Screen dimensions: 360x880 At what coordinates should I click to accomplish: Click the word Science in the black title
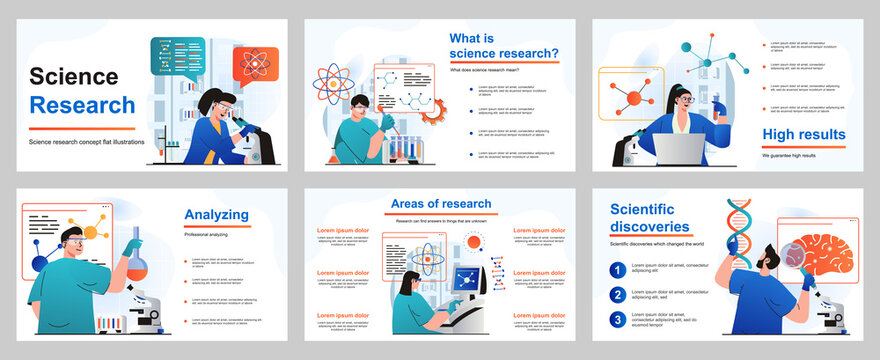[74, 76]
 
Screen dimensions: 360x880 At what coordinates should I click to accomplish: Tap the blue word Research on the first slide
[82, 104]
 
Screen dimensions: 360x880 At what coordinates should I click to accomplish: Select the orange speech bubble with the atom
[256, 67]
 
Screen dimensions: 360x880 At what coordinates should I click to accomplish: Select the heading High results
[803, 134]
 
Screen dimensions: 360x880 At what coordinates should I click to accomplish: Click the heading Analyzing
[223, 214]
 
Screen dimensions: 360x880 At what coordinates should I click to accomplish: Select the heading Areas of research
[440, 204]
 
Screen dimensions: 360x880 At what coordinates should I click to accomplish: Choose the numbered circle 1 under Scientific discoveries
[619, 270]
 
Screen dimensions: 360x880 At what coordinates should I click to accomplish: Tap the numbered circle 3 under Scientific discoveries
[619, 320]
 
